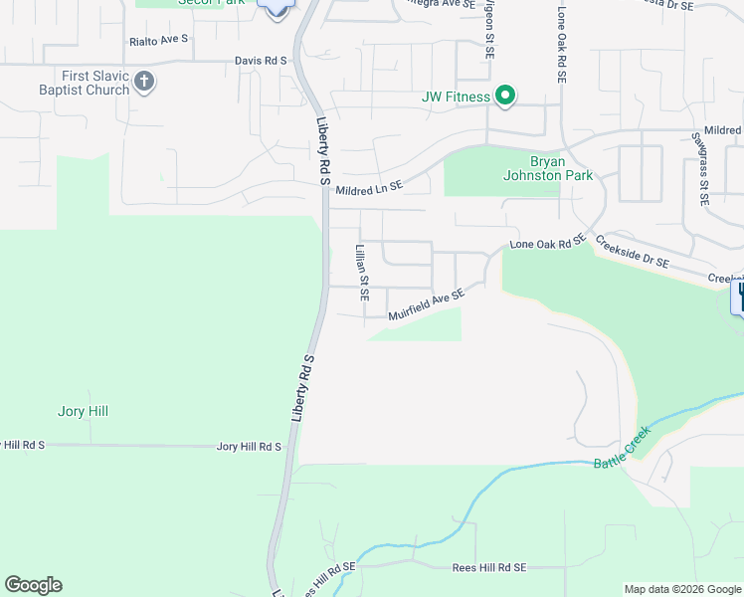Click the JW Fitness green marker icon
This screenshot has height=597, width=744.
(505, 96)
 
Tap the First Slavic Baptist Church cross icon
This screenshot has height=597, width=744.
(144, 82)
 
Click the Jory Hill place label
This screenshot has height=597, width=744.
(83, 411)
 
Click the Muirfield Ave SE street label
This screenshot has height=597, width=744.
(426, 305)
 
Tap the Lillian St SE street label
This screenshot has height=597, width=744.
(362, 273)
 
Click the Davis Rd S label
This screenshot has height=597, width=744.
(261, 61)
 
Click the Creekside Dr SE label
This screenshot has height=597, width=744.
(633, 253)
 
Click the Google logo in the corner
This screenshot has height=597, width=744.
(33, 585)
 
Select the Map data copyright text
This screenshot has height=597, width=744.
(683, 589)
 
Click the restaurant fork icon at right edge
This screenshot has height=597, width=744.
(739, 297)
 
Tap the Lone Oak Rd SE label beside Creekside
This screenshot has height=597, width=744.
(547, 243)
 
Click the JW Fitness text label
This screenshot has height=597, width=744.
(457, 97)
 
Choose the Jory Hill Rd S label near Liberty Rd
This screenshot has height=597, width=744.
(250, 448)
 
